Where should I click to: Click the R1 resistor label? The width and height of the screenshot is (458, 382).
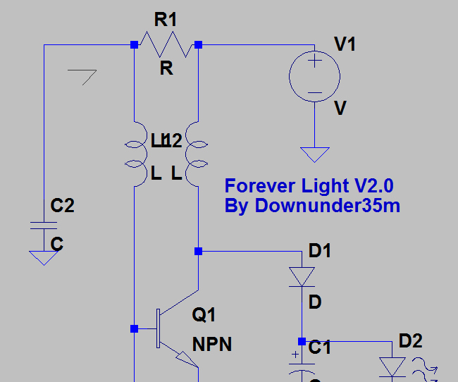166,19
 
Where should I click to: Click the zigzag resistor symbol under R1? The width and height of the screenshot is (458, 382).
166,44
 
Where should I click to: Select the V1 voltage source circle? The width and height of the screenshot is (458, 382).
315,75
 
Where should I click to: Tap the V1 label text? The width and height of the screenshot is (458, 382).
345,45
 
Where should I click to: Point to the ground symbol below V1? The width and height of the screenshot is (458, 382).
315,154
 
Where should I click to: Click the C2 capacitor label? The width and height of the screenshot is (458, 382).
63,206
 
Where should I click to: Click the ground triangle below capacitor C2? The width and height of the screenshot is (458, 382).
44,257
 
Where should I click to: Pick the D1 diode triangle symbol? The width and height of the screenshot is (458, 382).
302,276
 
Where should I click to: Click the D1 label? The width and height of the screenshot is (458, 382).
319,250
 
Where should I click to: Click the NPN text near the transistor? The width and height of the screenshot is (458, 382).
212,345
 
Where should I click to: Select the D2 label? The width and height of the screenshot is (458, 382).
410,341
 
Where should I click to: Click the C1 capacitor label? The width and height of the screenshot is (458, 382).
320,347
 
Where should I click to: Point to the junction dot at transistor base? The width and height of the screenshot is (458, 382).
134,328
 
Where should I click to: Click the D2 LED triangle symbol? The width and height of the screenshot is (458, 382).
392,367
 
